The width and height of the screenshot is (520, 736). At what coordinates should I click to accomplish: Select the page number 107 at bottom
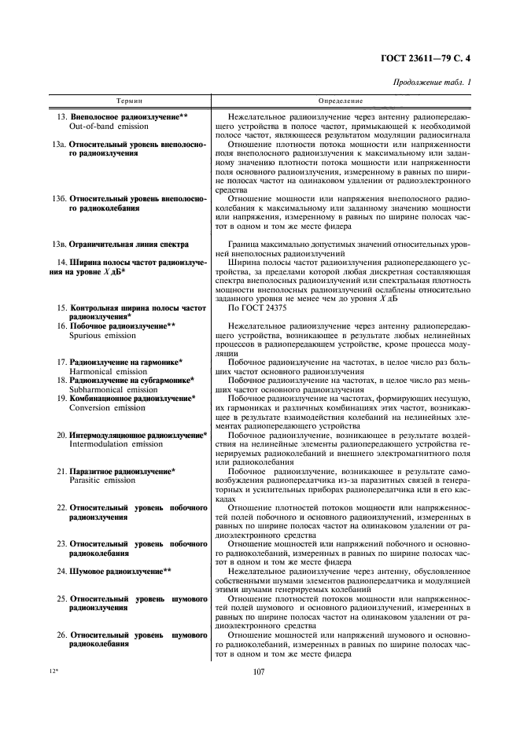pyautogui.click(x=260, y=672)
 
